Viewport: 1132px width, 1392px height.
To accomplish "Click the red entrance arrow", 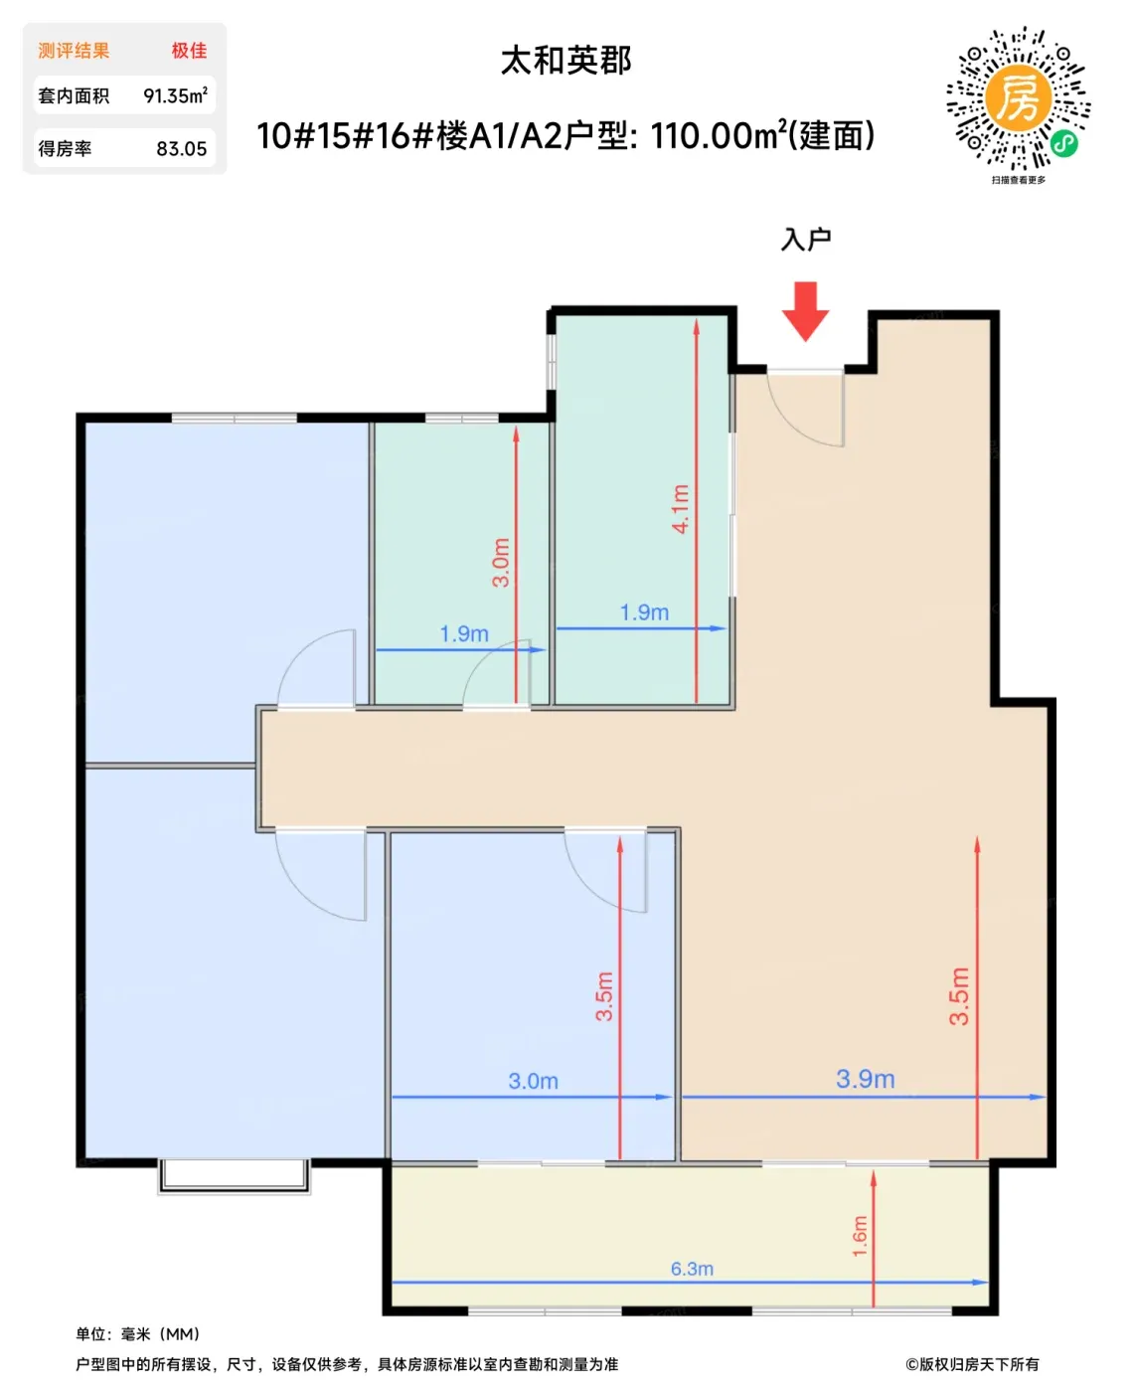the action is tap(805, 311).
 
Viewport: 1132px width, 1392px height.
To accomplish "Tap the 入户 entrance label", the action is tap(805, 240).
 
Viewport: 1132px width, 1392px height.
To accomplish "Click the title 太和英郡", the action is tap(566, 60).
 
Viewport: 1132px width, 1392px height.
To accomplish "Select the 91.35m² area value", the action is tap(175, 95).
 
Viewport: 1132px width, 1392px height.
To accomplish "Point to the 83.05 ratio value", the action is tap(181, 149).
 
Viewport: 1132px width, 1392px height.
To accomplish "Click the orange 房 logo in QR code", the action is tap(1018, 98).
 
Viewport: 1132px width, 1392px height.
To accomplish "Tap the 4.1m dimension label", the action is tap(680, 508).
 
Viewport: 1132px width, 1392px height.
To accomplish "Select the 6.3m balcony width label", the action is tap(692, 1269).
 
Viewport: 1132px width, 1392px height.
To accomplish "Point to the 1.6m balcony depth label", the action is tap(860, 1236).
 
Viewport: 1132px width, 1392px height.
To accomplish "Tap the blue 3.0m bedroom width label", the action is tap(533, 1081).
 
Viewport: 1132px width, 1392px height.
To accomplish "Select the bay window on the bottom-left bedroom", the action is tap(234, 1176).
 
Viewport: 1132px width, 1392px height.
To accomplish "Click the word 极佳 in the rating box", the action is tap(189, 51).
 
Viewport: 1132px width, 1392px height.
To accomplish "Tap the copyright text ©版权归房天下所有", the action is tap(972, 1364).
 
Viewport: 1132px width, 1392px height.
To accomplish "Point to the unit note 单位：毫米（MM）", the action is tap(138, 1334).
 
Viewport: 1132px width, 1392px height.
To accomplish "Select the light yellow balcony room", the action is tap(690, 1238).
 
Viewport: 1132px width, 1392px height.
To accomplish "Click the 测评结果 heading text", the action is tap(74, 51).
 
